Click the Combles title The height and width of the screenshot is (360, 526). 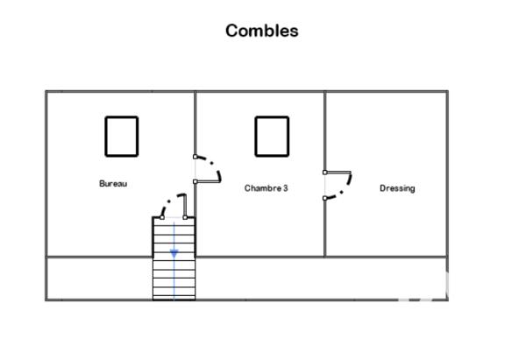[261, 31]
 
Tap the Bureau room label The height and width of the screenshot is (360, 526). [113, 184]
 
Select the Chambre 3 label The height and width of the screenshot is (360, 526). [266, 188]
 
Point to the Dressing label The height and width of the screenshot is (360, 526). [397, 188]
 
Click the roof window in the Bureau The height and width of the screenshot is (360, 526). [105, 137]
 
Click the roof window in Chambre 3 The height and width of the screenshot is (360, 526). [255, 137]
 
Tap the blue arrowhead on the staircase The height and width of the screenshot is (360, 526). [174, 254]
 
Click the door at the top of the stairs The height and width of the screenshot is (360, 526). [184, 205]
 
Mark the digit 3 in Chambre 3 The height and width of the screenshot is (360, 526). [286, 188]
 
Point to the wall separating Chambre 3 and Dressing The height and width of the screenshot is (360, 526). [324, 174]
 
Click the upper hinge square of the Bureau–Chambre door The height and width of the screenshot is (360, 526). [195, 157]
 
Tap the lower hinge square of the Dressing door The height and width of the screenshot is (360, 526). [324, 199]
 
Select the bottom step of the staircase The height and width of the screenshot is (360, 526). [174, 298]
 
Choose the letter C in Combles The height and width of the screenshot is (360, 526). [231, 31]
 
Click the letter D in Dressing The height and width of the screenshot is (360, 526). [382, 188]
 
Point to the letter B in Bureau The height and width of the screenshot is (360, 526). [102, 184]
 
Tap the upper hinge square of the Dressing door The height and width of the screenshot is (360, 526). [324, 173]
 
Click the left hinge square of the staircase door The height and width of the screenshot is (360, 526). [162, 217]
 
